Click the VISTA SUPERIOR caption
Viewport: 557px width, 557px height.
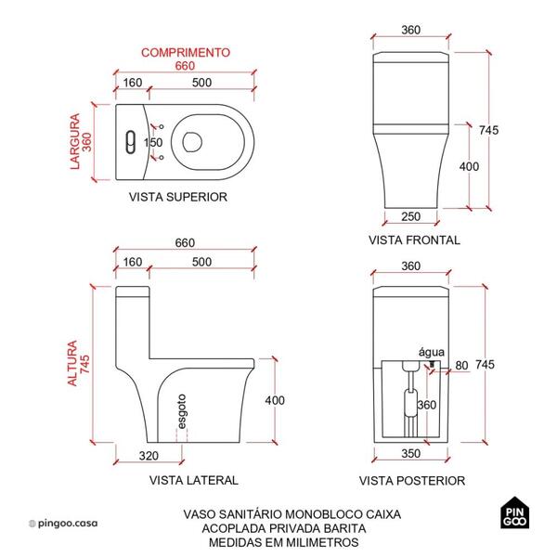[x=177, y=197]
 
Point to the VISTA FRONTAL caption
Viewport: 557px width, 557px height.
[x=414, y=240]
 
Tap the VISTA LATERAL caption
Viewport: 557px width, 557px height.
[x=193, y=480]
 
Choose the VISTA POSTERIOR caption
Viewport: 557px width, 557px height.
[x=413, y=480]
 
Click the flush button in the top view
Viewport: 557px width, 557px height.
[x=131, y=142]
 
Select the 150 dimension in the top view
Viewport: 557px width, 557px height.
[x=154, y=143]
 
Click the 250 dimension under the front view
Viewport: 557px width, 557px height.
[x=413, y=216]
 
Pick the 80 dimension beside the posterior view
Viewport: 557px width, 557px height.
[x=461, y=365]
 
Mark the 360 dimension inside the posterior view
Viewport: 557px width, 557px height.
[x=426, y=406]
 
